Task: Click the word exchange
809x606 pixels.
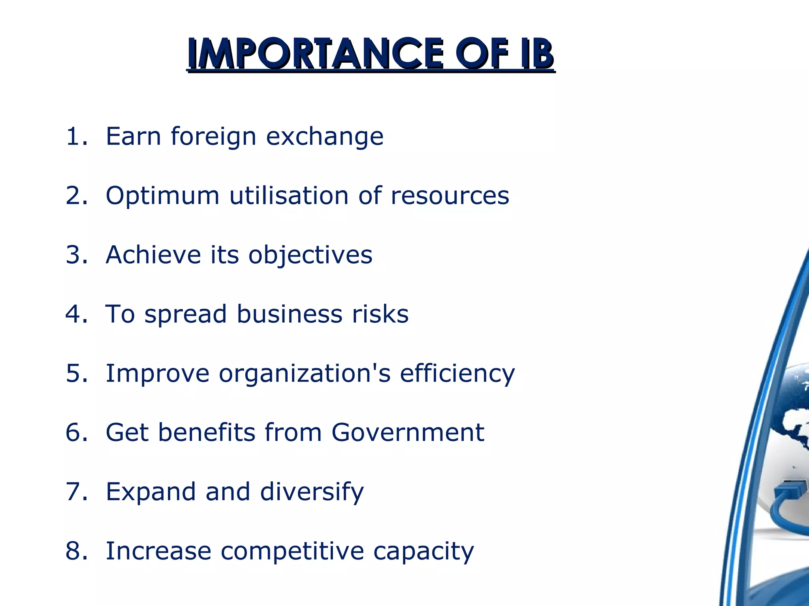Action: (325, 137)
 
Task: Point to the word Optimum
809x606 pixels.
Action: (162, 196)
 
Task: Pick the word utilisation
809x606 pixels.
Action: (289, 196)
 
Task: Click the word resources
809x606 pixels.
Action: (450, 196)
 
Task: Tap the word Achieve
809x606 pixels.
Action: (153, 255)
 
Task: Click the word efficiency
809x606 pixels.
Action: (457, 373)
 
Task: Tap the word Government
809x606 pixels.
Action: (408, 432)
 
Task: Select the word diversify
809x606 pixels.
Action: (312, 492)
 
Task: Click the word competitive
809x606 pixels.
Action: (292, 551)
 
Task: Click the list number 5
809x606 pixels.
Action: (76, 373)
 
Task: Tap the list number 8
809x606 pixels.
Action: (76, 551)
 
